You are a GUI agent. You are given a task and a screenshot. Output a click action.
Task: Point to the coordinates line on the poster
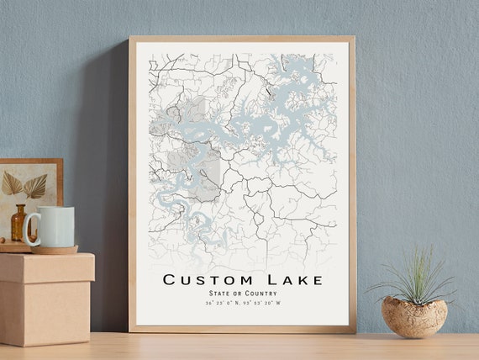(x=243, y=303)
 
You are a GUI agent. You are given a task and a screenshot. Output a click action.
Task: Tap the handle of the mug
(x=31, y=230)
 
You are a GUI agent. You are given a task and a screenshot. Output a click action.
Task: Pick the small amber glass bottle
(x=18, y=223)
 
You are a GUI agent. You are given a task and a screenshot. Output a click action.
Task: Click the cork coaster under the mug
(x=55, y=249)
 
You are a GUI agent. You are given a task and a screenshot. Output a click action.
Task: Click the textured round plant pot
(x=413, y=317)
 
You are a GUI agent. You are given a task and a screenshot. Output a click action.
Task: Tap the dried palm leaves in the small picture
(x=24, y=185)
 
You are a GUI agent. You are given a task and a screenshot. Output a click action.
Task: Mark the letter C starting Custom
(x=169, y=279)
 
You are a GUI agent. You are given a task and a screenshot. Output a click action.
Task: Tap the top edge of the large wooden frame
(x=242, y=39)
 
